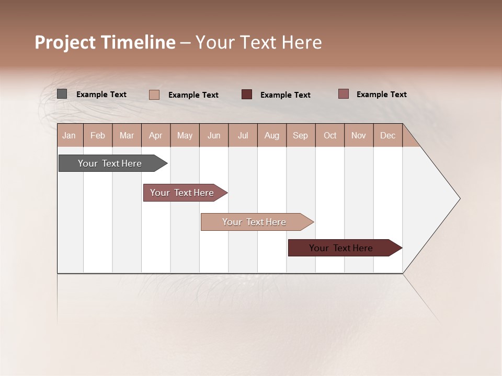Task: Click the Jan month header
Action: point(70,135)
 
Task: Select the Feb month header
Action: point(98,135)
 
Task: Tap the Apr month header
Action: point(155,135)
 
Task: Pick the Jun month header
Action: point(214,135)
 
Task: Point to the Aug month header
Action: point(271,135)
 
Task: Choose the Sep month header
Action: point(301,135)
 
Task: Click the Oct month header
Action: point(330,135)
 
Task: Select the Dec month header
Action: point(387,135)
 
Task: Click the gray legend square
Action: point(62,94)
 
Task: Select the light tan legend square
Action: point(154,95)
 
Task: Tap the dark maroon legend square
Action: point(247,94)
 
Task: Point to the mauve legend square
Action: point(343,94)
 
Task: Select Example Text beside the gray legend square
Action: point(101,95)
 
